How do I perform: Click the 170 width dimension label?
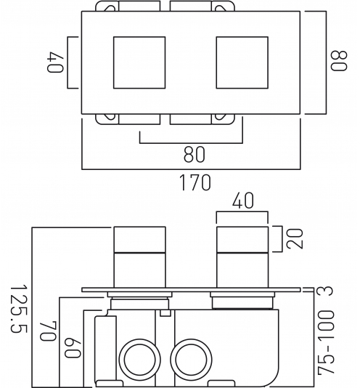[195, 182]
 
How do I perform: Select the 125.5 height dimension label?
[19, 309]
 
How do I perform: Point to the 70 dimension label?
[48, 331]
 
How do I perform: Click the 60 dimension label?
[73, 349]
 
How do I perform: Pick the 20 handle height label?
[295, 239]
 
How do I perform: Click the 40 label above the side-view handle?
[243, 201]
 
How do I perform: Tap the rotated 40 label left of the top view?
[55, 62]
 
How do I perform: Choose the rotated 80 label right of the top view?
[339, 61]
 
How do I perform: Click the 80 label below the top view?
[195, 155]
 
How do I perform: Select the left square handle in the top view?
[139, 62]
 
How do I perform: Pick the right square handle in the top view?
[242, 62]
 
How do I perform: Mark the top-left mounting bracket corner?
[107, 6]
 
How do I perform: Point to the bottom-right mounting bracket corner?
[223, 119]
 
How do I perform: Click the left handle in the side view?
[139, 257]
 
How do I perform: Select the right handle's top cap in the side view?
[242, 240]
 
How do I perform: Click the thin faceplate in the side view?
[191, 289]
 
